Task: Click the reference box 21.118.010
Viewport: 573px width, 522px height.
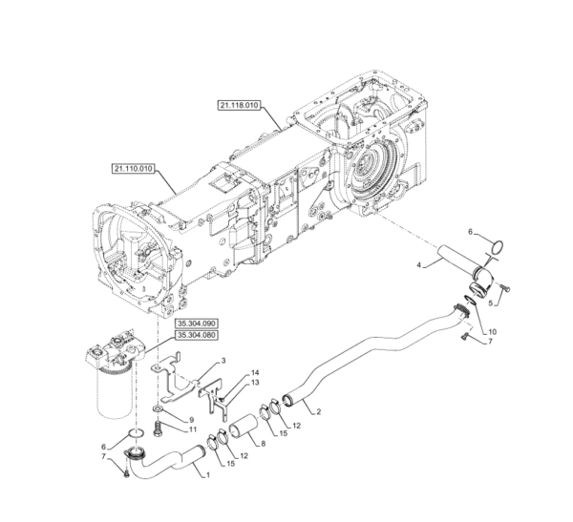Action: (239, 106)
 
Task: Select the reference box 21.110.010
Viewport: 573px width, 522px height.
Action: (133, 169)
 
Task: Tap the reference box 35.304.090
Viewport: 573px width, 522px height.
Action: (197, 324)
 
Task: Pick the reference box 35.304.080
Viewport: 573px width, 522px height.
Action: (197, 335)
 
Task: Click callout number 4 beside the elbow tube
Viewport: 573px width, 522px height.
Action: (419, 264)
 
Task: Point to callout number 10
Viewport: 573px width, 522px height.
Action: (492, 332)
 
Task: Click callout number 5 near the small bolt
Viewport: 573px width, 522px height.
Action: (491, 303)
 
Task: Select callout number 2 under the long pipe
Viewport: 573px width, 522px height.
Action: (318, 411)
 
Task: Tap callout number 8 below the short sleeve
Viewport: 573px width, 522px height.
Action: (264, 444)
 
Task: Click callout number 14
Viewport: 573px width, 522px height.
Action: (255, 372)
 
